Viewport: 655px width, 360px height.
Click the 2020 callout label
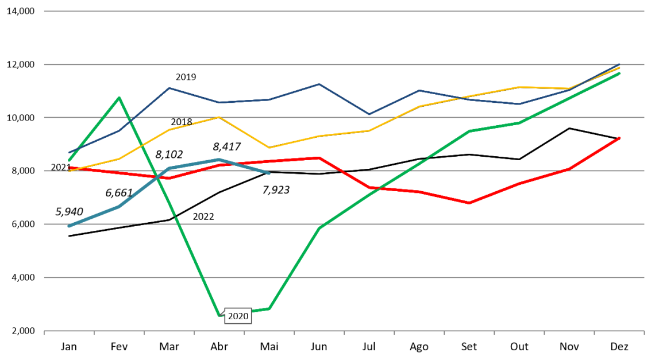click(238, 316)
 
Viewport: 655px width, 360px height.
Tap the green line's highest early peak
click(119, 98)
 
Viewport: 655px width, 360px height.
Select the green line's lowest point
click(219, 315)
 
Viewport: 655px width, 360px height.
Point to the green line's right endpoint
click(619, 73)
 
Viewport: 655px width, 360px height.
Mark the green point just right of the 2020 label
click(269, 308)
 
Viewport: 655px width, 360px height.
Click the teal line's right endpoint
click(268, 173)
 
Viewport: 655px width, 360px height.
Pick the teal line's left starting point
click(69, 226)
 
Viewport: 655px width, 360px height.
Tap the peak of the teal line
click(219, 159)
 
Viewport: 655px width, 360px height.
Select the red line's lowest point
click(469, 203)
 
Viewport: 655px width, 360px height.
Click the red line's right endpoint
click(619, 138)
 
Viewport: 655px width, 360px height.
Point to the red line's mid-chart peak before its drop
click(319, 157)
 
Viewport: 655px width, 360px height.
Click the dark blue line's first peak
click(169, 88)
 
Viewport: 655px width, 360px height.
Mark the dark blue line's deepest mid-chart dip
click(369, 114)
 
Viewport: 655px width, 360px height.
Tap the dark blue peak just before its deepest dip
click(319, 84)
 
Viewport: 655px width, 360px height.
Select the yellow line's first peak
click(219, 117)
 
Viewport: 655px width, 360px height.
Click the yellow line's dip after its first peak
click(269, 148)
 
